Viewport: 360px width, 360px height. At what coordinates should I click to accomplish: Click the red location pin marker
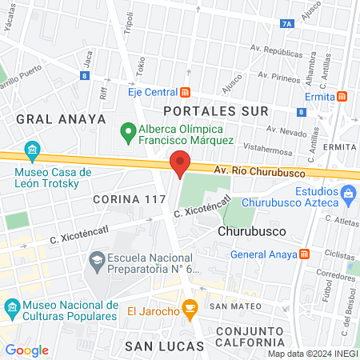pos(180,163)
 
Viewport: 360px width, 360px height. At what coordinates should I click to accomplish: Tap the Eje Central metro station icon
pos(186,91)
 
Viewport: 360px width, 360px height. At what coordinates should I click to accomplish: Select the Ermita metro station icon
pos(342,97)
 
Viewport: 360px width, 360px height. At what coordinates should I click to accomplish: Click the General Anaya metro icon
pos(304,255)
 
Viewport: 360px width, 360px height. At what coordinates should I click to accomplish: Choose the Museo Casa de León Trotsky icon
pos(32,150)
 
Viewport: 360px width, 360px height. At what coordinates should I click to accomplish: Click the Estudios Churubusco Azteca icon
pos(348,193)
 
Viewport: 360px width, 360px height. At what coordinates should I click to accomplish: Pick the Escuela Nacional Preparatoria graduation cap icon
pos(96,259)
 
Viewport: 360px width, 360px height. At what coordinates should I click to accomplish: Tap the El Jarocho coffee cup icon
pos(190,308)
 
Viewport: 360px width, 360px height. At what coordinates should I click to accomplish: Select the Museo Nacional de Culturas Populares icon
pos(12,307)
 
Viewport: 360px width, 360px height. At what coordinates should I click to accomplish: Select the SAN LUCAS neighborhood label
pos(157,345)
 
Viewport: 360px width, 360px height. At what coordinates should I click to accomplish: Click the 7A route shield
pos(287,25)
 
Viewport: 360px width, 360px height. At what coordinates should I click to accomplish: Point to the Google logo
pos(26,350)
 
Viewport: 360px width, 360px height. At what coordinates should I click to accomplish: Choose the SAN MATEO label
pos(230,306)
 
